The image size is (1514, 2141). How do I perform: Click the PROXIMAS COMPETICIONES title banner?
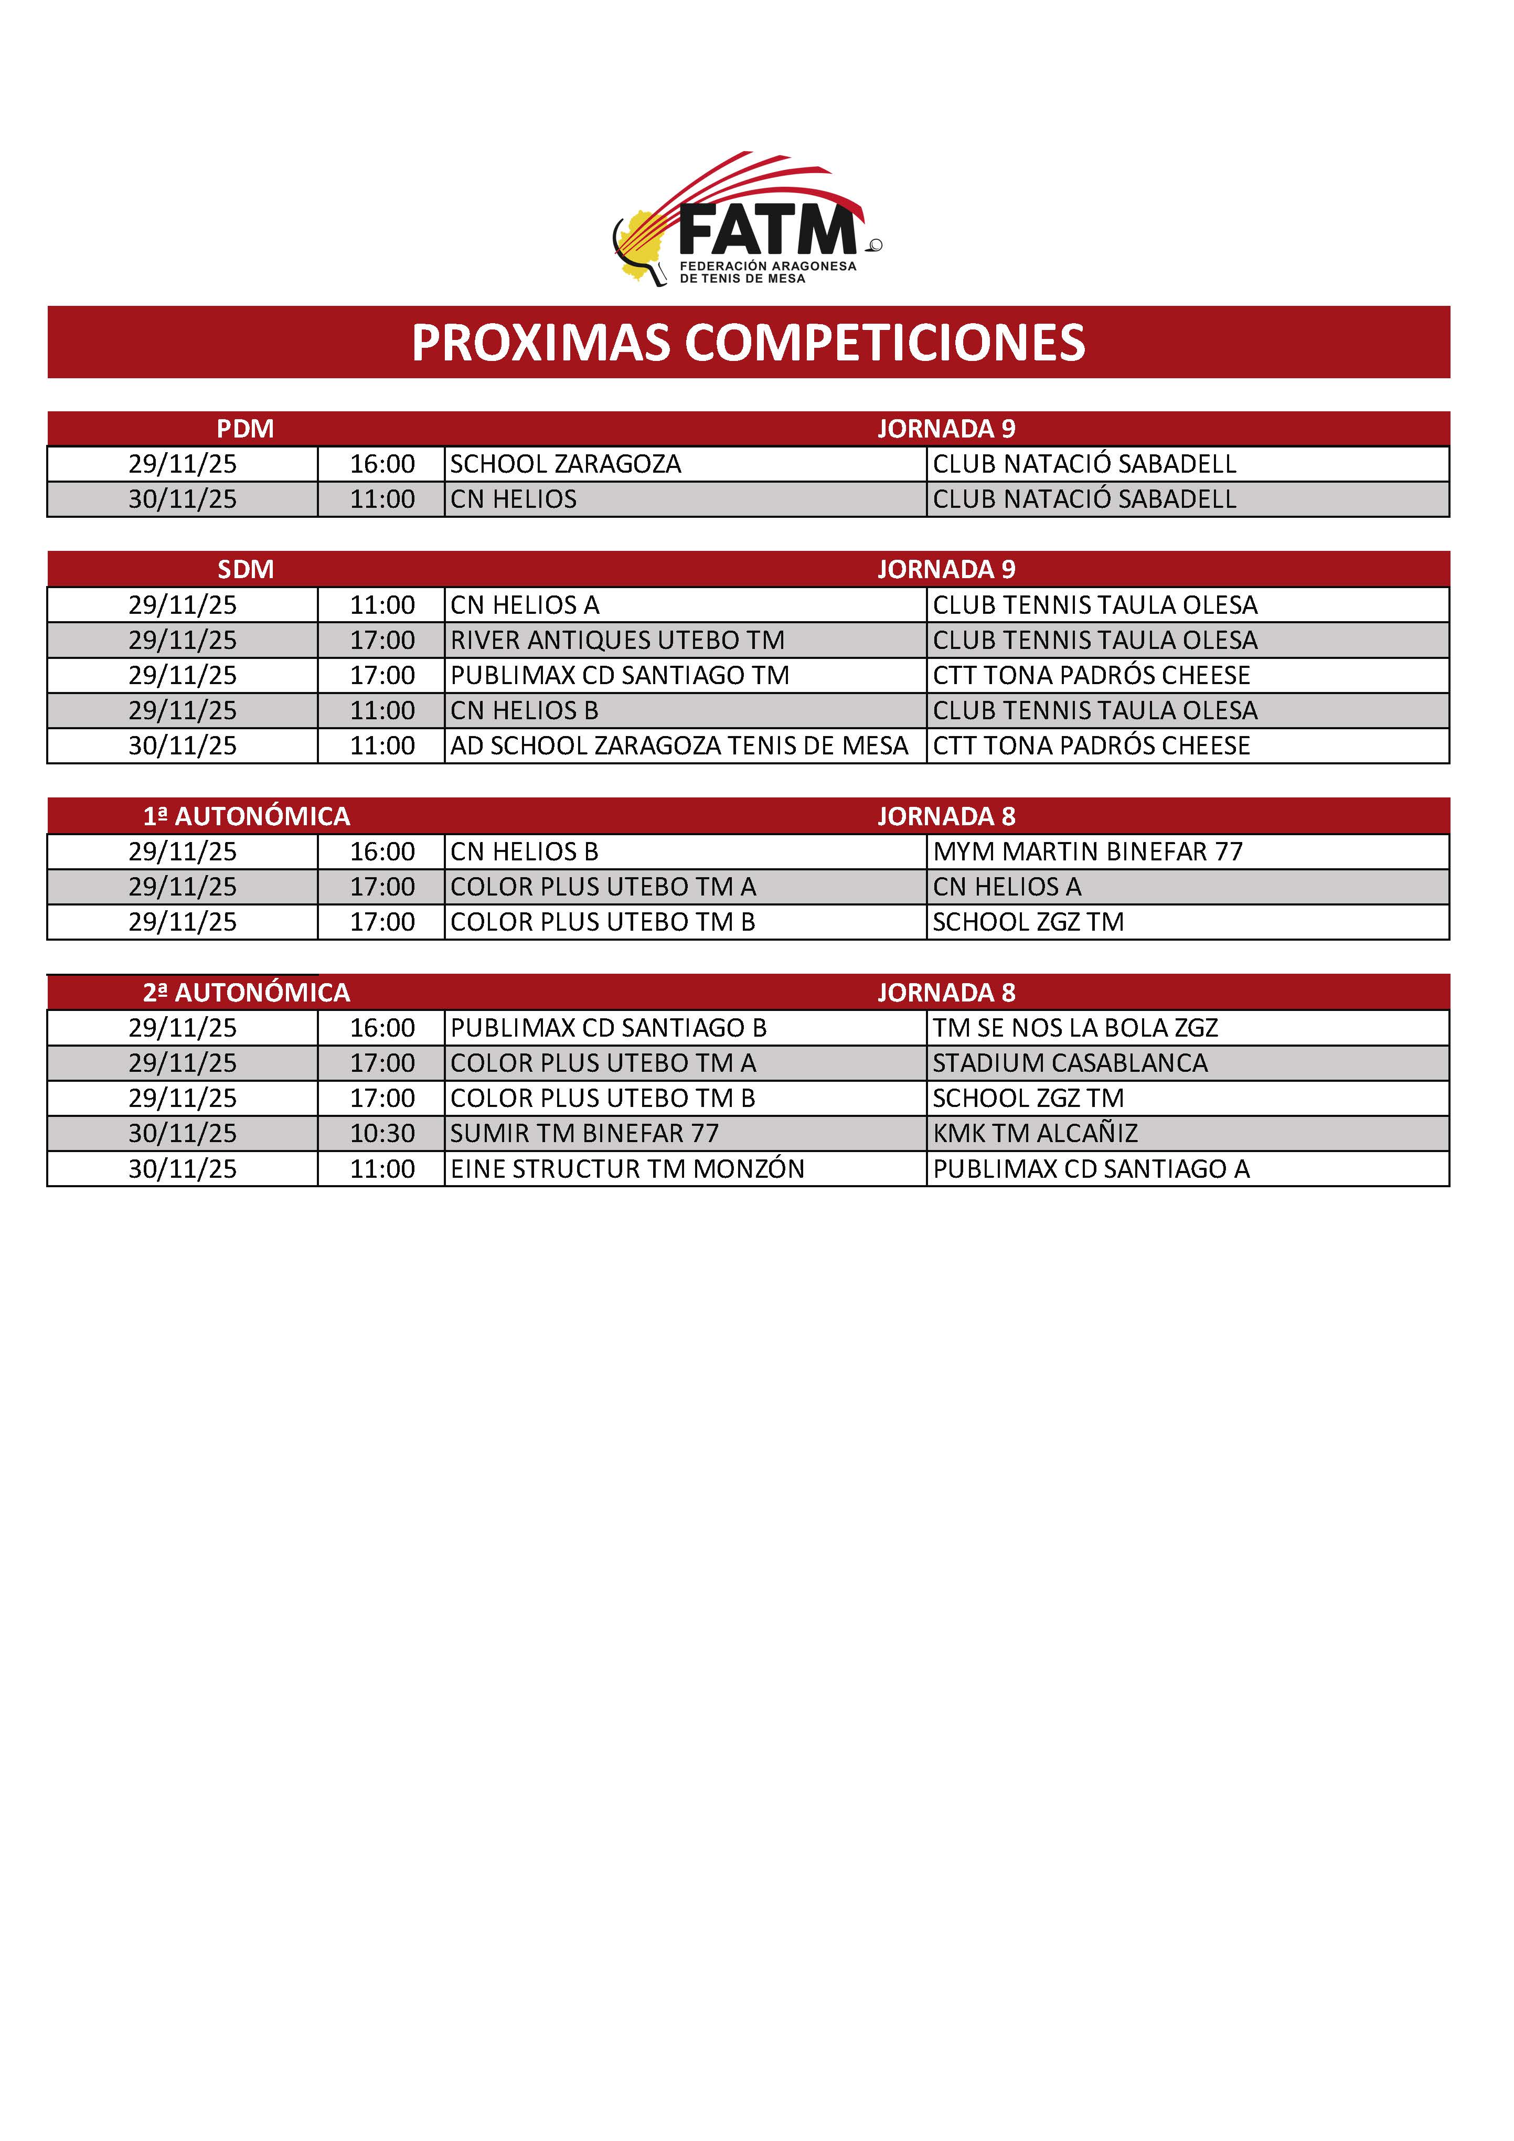click(749, 342)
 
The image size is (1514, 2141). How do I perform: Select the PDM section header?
click(245, 429)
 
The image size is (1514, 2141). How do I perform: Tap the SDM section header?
click(245, 570)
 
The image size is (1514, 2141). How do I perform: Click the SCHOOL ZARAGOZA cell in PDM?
click(566, 464)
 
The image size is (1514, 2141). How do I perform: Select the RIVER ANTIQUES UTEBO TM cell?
click(617, 641)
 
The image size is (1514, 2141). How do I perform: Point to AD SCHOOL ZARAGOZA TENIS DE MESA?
click(679, 746)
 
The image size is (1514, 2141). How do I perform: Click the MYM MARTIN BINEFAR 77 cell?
click(1088, 851)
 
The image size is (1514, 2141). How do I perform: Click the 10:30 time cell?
click(382, 1134)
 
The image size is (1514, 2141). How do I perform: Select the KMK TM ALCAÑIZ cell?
click(1036, 1134)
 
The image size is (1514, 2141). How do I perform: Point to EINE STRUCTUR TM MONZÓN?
click(627, 1169)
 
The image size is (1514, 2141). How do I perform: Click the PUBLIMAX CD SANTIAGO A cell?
click(1091, 1169)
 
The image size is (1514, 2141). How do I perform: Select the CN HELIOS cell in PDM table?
click(514, 500)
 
